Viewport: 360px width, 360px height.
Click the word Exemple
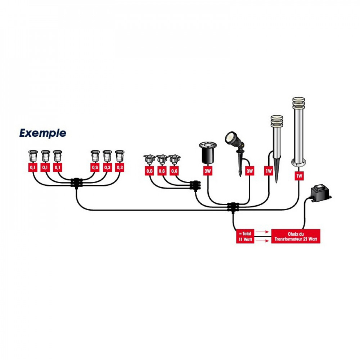[x=43, y=133]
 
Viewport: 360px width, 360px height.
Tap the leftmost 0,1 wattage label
[x=33, y=168]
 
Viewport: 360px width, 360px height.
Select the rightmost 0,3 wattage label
[x=120, y=168]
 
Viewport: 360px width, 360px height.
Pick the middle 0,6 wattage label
[x=162, y=171]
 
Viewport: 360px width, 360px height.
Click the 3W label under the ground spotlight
[x=208, y=171]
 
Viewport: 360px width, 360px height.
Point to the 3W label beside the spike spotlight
[x=249, y=171]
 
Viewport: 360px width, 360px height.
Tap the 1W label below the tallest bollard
[x=299, y=176]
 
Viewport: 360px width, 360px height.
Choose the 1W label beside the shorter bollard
[x=269, y=171]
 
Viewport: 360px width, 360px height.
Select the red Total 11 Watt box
[x=245, y=237]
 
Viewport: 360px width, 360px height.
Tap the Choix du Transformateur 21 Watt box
[x=296, y=237]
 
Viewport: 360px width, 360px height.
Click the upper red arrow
[x=262, y=232]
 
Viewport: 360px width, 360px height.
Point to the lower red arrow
[x=262, y=241]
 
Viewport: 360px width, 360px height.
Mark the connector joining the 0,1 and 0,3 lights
[x=76, y=183]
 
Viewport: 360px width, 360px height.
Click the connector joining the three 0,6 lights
[x=195, y=185]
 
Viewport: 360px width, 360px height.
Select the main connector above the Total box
[x=233, y=207]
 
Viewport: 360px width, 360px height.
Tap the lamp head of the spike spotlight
[x=233, y=139]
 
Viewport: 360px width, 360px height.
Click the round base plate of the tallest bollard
[x=299, y=163]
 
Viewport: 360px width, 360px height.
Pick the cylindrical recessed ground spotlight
[x=208, y=153]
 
